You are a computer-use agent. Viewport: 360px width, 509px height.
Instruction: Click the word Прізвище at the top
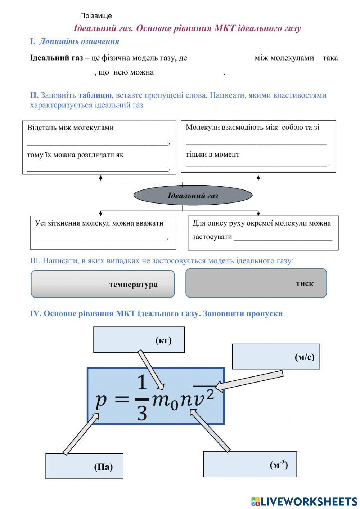click(x=96, y=16)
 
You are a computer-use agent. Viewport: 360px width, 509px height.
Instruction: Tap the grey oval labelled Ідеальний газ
click(x=193, y=196)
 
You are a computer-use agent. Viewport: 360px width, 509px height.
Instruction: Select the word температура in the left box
click(x=133, y=284)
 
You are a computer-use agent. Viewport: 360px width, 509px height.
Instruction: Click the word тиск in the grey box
click(x=305, y=283)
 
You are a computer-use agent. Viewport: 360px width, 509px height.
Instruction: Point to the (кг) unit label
click(x=163, y=340)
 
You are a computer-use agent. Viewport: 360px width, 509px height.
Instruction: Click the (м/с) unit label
click(x=304, y=357)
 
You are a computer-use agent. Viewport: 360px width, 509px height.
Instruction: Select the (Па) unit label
click(x=103, y=467)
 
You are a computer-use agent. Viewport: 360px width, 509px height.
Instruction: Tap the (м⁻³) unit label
click(x=279, y=465)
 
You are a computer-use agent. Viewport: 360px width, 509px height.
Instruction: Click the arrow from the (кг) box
click(x=150, y=369)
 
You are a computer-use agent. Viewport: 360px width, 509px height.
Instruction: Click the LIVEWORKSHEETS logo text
click(x=308, y=501)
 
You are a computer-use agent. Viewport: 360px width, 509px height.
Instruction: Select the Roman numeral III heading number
click(x=35, y=260)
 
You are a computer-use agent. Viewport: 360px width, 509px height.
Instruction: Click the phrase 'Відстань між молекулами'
click(x=70, y=128)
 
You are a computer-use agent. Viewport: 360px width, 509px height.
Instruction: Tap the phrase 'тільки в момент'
click(x=212, y=155)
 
